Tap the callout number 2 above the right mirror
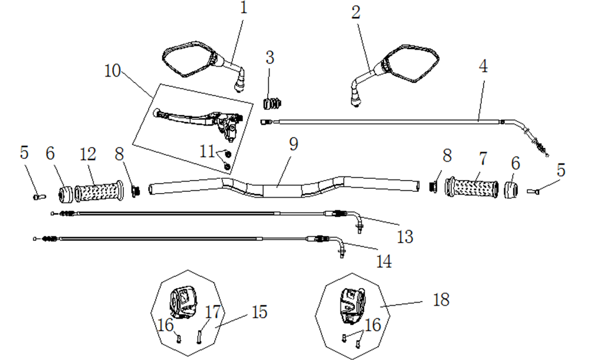tap(356, 14)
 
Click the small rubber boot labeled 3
tap(271, 104)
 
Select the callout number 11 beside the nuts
tap(206, 152)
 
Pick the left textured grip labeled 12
tap(98, 192)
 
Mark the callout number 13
tap(405, 237)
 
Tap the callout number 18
tap(440, 300)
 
